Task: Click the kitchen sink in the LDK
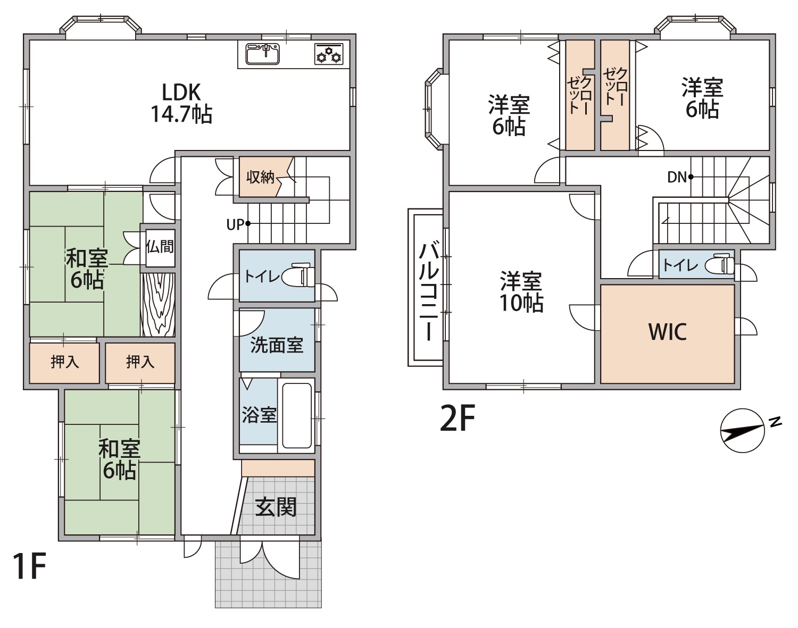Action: click(262, 54)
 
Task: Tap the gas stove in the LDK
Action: click(329, 54)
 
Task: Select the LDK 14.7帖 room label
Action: click(181, 103)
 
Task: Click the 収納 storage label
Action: click(260, 177)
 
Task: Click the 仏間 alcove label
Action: click(160, 247)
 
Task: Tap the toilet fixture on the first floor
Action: click(298, 275)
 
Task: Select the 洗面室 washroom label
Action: click(277, 346)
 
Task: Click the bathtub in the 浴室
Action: click(297, 416)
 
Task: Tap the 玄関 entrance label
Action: click(276, 507)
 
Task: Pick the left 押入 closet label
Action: click(65, 362)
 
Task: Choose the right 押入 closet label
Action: click(140, 362)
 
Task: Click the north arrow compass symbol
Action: click(743, 431)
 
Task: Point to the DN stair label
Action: click(677, 177)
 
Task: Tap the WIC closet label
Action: click(668, 332)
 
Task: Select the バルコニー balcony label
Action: click(429, 291)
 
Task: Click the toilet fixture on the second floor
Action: click(719, 265)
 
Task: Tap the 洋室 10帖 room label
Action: click(521, 291)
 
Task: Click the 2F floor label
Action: click(457, 418)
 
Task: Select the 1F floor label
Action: click(30, 566)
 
